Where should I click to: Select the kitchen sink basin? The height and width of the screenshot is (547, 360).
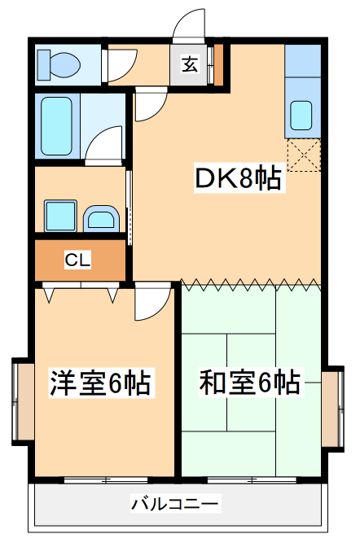tap(301, 114)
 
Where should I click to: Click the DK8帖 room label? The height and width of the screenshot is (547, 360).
tap(238, 177)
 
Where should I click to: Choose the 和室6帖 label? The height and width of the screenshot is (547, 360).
tap(249, 380)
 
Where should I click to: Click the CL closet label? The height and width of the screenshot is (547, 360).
tap(78, 260)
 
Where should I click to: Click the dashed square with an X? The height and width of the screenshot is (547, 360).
tap(304, 154)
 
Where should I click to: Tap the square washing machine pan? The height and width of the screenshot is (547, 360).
tap(60, 216)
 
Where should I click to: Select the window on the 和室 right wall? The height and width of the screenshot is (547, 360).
tap(332, 408)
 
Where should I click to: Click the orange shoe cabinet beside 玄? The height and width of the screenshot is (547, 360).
tap(217, 65)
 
